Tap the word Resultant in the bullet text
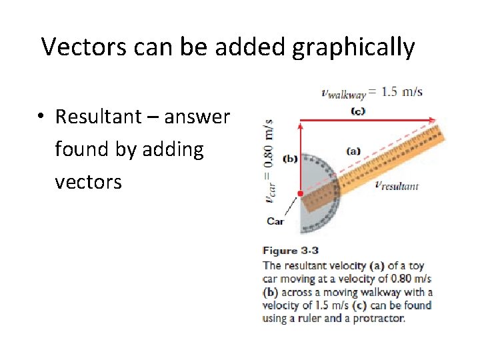tap(104, 117)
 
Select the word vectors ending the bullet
tap(88, 181)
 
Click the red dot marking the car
tap(301, 193)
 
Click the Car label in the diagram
tap(275, 221)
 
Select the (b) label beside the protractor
tap(290, 159)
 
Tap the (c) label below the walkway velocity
tap(358, 111)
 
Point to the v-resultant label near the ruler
tap(397, 186)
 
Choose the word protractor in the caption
tap(381, 319)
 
